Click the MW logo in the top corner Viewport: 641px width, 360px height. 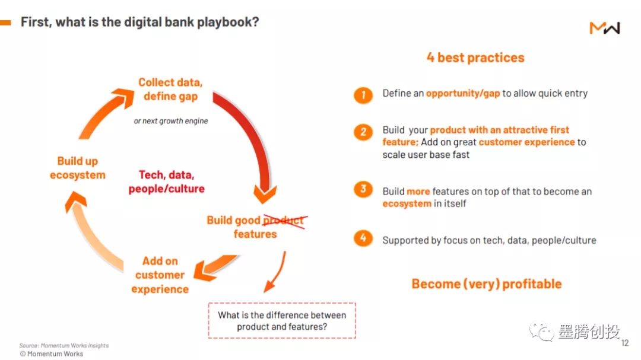[x=604, y=28]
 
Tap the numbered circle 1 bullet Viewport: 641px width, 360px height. [x=363, y=95]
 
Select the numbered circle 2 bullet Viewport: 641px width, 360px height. [x=363, y=132]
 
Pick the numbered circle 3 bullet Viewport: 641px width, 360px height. [x=363, y=190]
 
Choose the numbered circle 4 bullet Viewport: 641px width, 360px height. [x=363, y=238]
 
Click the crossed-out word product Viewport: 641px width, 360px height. [x=284, y=221]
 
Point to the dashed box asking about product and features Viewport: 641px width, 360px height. [x=282, y=321]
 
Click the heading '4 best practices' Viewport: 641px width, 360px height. [x=475, y=58]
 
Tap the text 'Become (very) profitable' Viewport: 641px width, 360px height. [x=486, y=283]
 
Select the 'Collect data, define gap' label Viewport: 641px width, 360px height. [x=170, y=89]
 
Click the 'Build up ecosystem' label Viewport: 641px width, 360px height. [x=78, y=168]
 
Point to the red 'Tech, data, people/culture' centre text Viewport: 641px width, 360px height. [x=167, y=182]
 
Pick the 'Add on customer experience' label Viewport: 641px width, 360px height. [x=160, y=275]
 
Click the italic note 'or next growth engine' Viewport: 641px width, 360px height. [x=170, y=121]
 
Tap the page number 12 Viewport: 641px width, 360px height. [x=624, y=343]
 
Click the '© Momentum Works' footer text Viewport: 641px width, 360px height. [x=52, y=353]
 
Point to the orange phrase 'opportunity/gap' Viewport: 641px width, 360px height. [x=463, y=94]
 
